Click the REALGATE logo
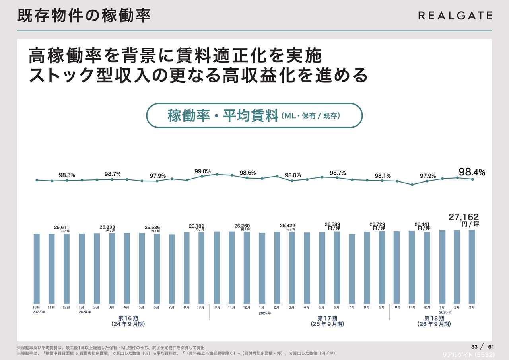[x=455, y=16]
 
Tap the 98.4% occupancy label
[x=472, y=172]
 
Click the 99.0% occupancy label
[x=202, y=171]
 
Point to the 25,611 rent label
[x=62, y=227]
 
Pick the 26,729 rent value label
[x=377, y=224]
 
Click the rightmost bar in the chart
[x=472, y=266]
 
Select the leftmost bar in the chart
[x=37, y=268]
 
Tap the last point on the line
[x=472, y=179]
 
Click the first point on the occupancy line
[x=37, y=180]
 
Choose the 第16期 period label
[x=128, y=318]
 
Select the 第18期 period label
[x=434, y=318]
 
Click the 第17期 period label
[x=327, y=318]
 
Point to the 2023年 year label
[x=39, y=312]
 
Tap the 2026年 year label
[x=445, y=312]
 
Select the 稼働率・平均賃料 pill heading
[x=254, y=116]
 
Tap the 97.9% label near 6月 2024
[x=157, y=176]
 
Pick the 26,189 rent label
[x=196, y=226]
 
